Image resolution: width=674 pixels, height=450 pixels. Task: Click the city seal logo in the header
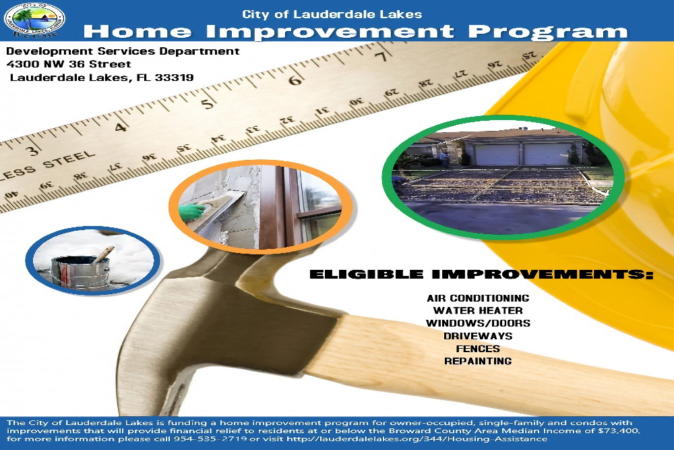click(34, 20)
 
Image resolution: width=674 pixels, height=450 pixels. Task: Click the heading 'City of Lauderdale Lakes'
click(332, 14)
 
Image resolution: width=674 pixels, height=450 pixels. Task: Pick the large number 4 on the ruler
click(121, 128)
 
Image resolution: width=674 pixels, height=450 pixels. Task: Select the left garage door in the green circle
click(497, 154)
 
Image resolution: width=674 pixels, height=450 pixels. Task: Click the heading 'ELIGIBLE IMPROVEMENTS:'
click(481, 275)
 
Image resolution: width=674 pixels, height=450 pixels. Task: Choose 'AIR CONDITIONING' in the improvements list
click(478, 298)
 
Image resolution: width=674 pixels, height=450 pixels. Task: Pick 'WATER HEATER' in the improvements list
click(478, 310)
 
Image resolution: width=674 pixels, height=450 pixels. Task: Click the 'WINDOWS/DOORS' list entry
click(478, 323)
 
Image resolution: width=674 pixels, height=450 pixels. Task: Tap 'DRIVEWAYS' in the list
click(478, 336)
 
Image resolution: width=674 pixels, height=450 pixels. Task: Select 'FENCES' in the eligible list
click(478, 348)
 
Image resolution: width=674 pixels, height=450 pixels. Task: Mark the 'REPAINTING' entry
click(478, 361)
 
